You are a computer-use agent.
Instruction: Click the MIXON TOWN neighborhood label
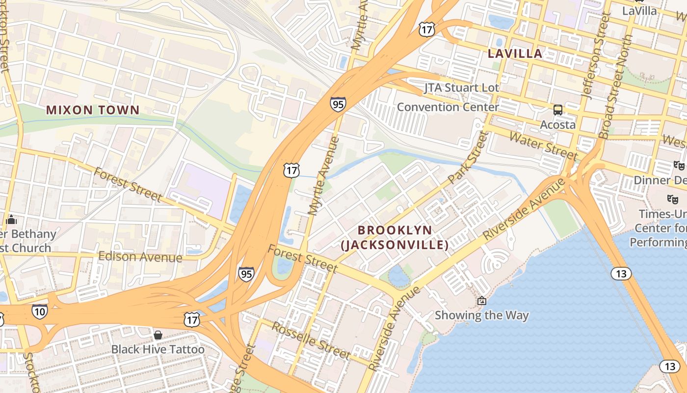pyautogui.click(x=93, y=110)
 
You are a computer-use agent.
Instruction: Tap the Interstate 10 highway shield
pyautogui.click(x=40, y=311)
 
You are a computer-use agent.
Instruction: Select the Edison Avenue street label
pyautogui.click(x=140, y=256)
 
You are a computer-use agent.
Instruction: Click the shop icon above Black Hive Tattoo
pyautogui.click(x=158, y=335)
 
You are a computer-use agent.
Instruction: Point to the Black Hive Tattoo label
pyautogui.click(x=158, y=349)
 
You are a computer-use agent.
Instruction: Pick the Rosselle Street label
pyautogui.click(x=311, y=340)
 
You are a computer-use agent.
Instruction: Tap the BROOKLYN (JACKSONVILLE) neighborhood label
pyautogui.click(x=395, y=237)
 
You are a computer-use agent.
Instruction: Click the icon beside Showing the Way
pyautogui.click(x=482, y=301)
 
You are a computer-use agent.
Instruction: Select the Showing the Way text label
pyautogui.click(x=482, y=315)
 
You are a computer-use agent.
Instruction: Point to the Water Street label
pyautogui.click(x=544, y=145)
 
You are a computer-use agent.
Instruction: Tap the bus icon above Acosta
pyautogui.click(x=558, y=110)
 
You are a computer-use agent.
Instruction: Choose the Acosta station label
pyautogui.click(x=558, y=125)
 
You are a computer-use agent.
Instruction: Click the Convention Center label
pyautogui.click(x=448, y=107)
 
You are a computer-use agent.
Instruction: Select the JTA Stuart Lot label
pyautogui.click(x=461, y=88)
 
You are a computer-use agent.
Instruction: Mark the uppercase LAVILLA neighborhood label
pyautogui.click(x=515, y=54)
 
